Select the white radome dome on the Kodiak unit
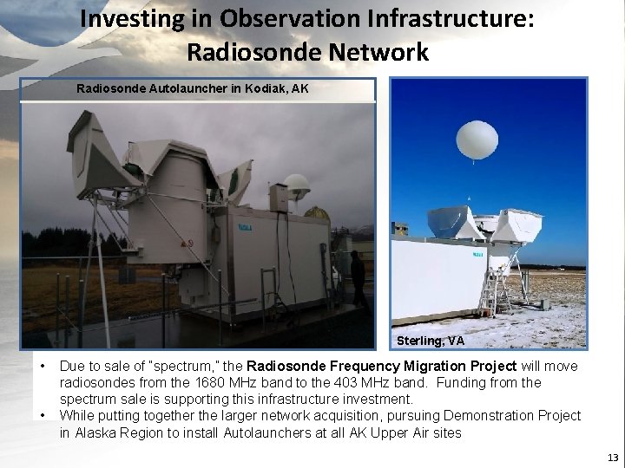pos(298,186)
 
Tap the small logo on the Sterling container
pos(477,255)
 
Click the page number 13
pos(613,457)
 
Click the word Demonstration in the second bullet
pos(482,416)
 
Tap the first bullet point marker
pos(43,367)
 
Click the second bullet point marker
pos(43,416)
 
